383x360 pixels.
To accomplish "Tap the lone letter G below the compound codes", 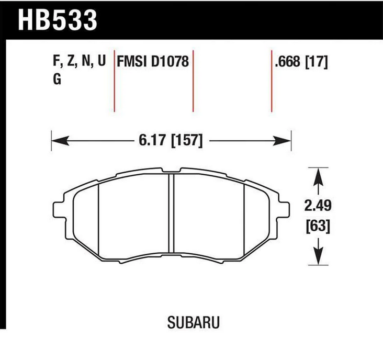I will click(57, 80).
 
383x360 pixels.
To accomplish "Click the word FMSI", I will click(132, 62).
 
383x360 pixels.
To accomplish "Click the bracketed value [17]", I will click(318, 62).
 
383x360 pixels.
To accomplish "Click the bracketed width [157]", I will click(186, 141).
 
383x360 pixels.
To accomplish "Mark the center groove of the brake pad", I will click(171, 217).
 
